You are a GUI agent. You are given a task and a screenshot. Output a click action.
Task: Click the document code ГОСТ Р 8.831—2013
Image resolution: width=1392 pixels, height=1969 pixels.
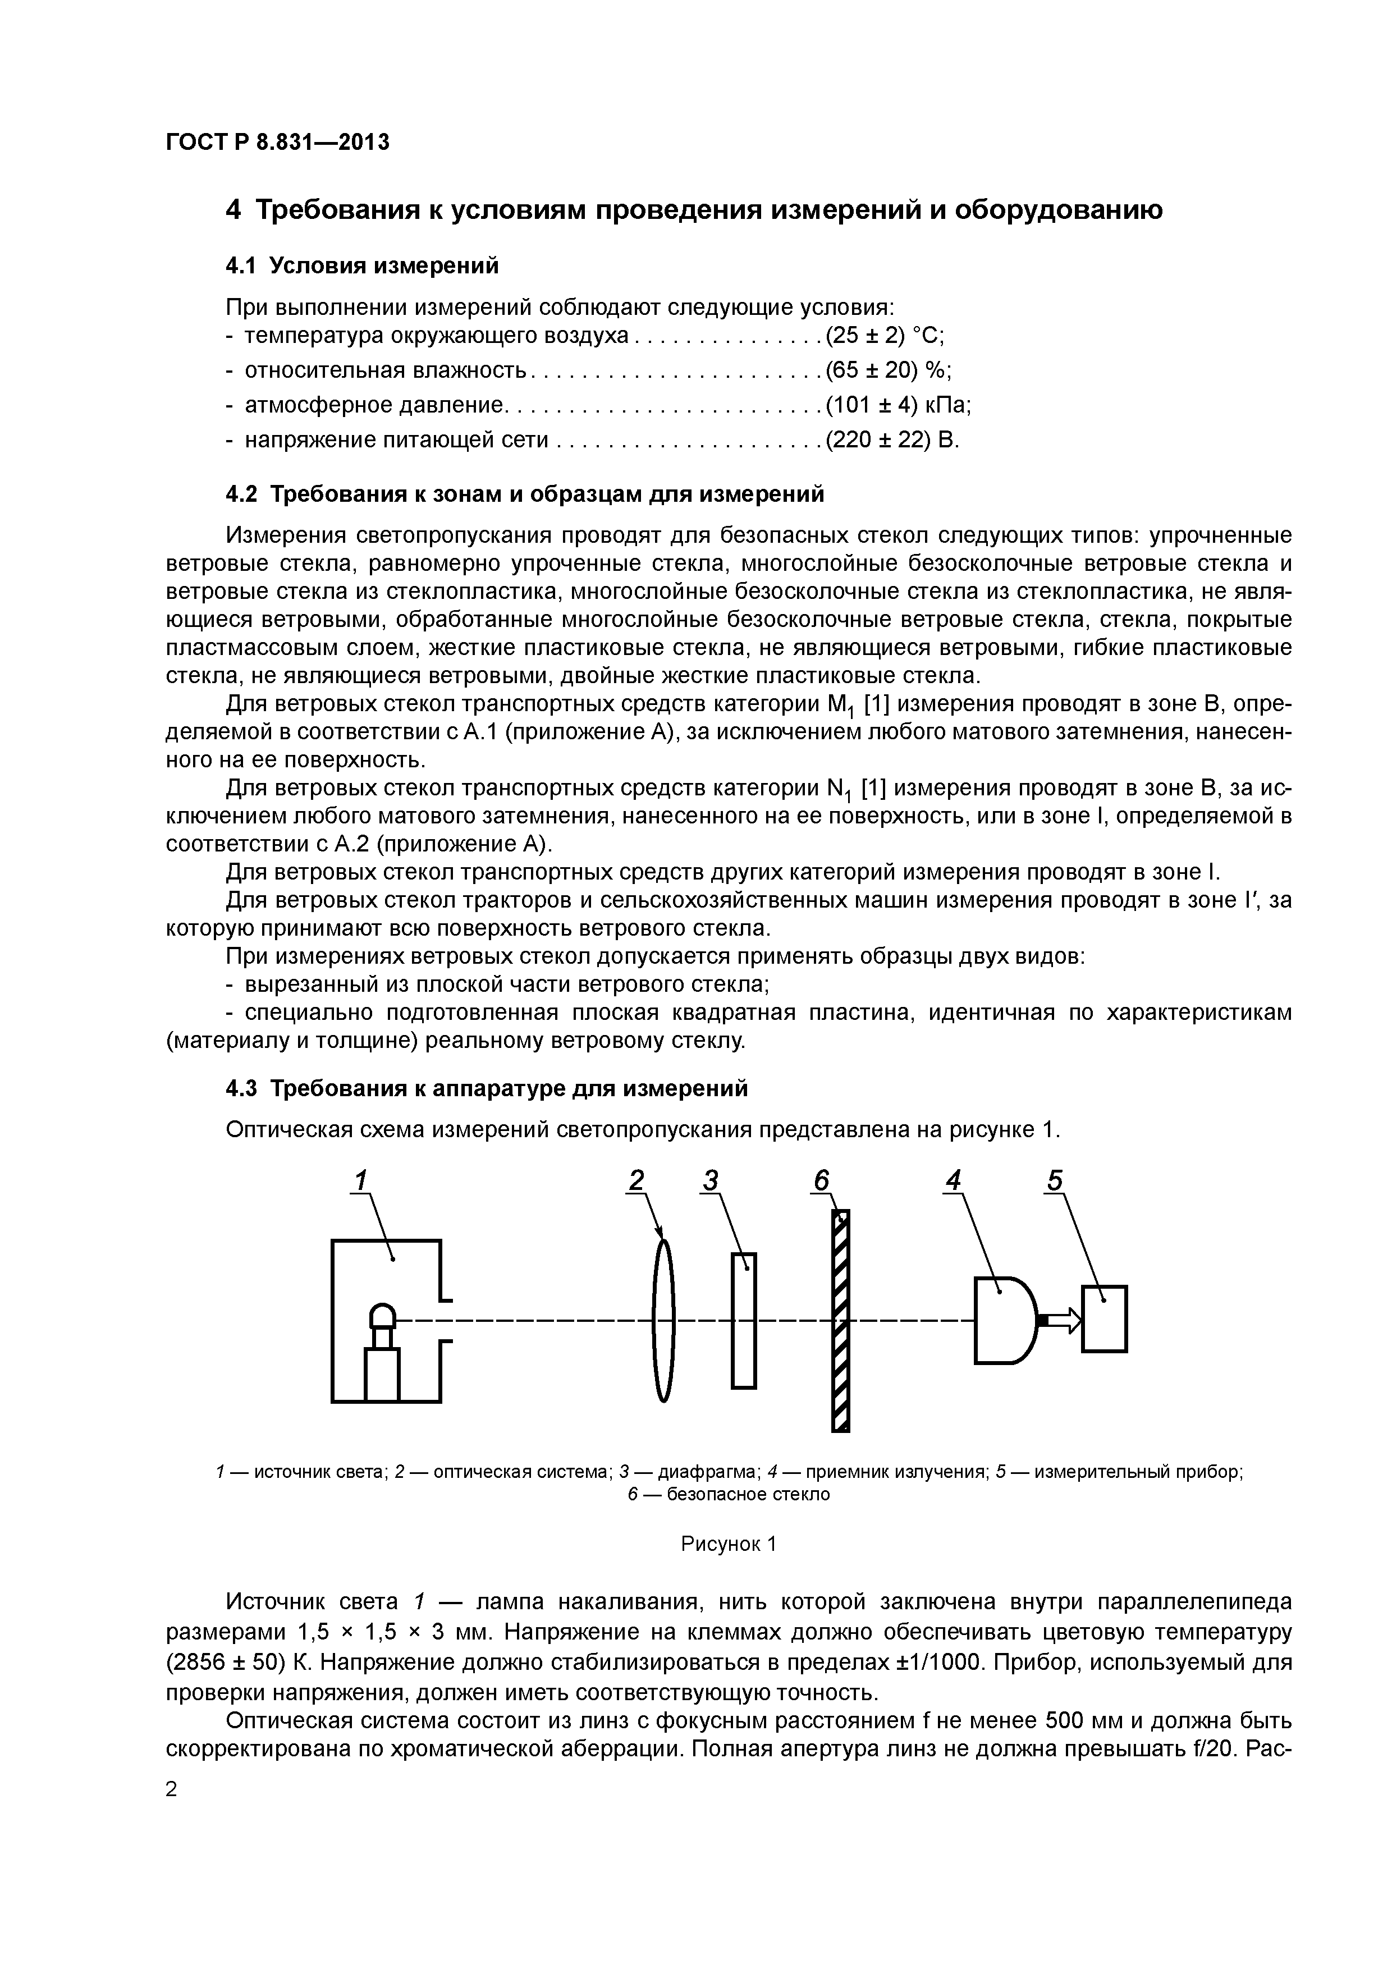277,143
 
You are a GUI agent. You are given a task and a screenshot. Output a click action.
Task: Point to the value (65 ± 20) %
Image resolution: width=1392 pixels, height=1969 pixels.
889,370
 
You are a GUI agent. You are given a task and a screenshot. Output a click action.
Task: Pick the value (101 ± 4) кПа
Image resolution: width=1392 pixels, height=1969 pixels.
897,405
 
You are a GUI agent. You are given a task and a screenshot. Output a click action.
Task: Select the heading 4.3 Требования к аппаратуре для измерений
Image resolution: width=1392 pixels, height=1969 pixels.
486,1088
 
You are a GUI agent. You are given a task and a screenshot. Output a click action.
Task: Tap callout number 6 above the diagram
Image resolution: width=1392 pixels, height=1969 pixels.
821,1181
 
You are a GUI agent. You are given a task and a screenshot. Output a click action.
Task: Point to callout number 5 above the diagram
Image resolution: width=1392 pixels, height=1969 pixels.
1054,1181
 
